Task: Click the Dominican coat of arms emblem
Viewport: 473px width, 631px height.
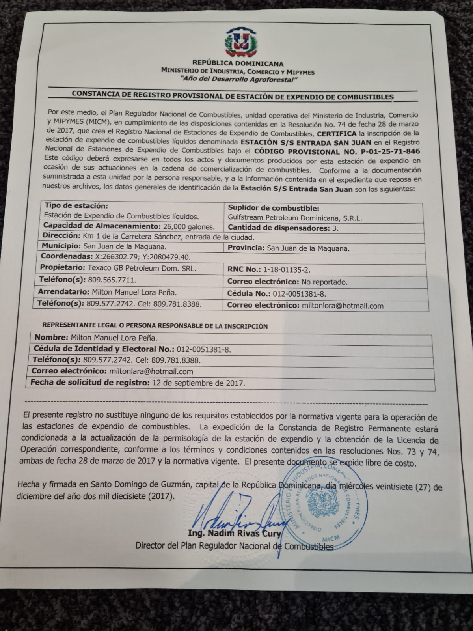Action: click(x=238, y=41)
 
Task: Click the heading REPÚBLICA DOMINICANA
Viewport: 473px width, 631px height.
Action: click(x=238, y=63)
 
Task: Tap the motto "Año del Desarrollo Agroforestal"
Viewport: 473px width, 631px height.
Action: click(x=238, y=79)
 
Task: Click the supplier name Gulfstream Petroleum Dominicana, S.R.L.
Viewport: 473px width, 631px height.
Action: click(x=295, y=218)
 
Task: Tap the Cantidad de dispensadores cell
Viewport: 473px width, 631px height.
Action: click(x=283, y=228)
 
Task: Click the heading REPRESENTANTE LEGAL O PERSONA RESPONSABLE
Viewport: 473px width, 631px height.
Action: click(x=155, y=326)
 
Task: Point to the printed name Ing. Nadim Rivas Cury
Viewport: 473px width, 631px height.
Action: click(x=235, y=534)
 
